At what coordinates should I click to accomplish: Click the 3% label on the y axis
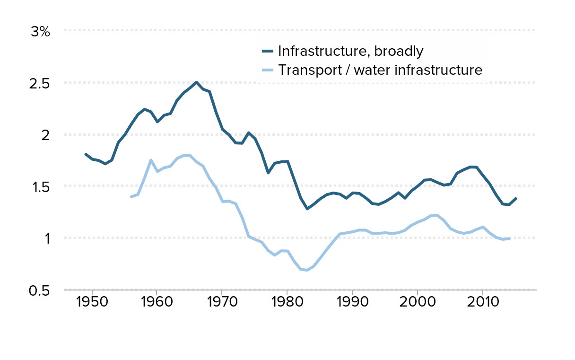(40, 32)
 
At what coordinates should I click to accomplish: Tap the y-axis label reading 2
(45, 135)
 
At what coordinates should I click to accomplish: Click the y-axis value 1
(46, 238)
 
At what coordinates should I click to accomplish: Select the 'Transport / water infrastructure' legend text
(380, 70)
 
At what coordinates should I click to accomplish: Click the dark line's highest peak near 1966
(196, 82)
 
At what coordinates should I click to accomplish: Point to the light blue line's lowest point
(307, 270)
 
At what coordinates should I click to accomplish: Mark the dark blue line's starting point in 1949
(86, 154)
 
